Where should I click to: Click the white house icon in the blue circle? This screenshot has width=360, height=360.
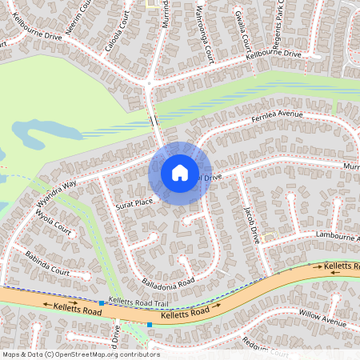[x=180, y=173]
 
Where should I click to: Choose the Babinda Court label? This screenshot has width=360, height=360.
[x=46, y=262]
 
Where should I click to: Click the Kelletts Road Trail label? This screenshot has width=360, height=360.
[x=138, y=302]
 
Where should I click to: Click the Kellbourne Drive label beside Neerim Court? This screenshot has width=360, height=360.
[x=31, y=35]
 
